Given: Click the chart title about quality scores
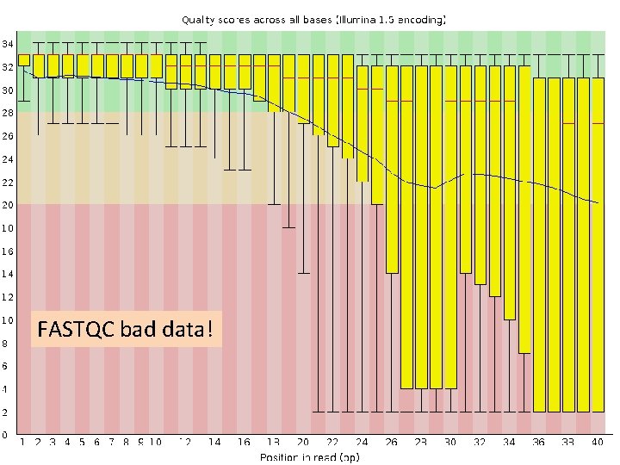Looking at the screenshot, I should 313,17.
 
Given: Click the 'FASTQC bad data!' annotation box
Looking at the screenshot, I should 126,329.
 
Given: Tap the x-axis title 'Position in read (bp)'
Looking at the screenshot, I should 310,456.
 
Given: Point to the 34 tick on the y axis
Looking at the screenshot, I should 7,44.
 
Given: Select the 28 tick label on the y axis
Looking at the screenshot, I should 7,113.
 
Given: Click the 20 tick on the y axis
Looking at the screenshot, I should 7,205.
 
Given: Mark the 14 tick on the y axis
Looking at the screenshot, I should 7,274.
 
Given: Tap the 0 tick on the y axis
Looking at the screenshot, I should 5,435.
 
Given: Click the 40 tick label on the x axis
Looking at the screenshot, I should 598,442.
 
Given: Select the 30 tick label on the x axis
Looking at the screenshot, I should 450,442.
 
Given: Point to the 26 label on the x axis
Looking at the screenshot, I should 392,442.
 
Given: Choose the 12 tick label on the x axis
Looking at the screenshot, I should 185,442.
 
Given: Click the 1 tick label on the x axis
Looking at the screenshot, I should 23,442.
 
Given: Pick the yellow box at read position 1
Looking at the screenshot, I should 24,59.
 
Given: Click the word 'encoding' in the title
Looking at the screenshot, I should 417,17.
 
